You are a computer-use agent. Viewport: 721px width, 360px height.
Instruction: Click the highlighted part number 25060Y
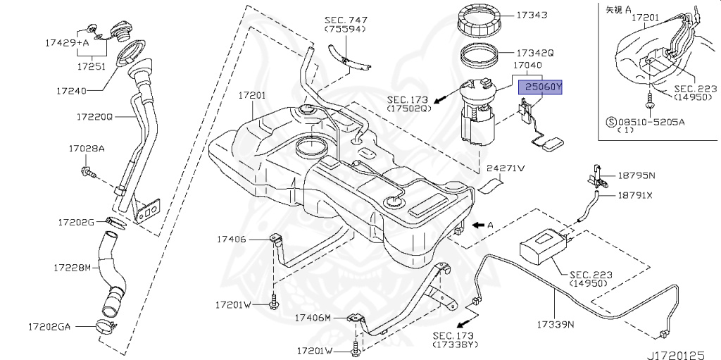(541, 87)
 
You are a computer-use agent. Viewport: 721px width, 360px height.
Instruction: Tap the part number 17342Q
(535, 53)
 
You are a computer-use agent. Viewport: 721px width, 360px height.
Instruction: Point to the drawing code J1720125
(679, 349)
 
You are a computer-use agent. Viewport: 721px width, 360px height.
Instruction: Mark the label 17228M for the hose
(73, 268)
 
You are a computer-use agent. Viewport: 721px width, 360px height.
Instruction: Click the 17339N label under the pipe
(556, 325)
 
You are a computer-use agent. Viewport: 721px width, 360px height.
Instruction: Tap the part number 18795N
(637, 175)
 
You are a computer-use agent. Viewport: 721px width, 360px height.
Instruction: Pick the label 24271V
(506, 168)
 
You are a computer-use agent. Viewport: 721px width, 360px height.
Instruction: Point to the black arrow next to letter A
(478, 225)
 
